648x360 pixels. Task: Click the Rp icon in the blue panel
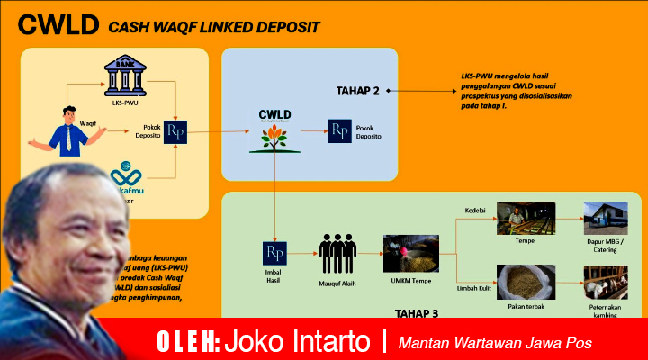339,131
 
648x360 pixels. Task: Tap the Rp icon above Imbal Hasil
274,253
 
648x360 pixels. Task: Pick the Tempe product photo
526,218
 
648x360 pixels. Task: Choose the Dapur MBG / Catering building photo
605,219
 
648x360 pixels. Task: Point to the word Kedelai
475,211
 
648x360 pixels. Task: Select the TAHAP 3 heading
415,313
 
